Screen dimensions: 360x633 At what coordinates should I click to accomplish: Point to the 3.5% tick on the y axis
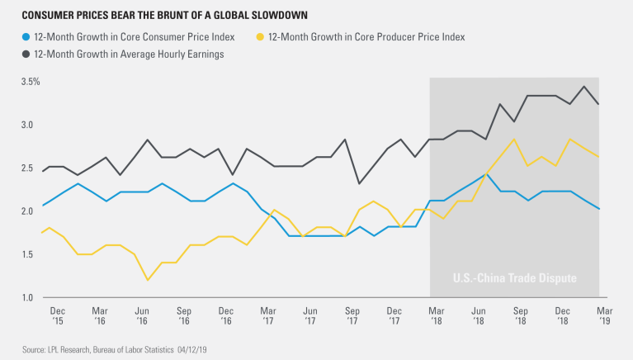[x=31, y=82]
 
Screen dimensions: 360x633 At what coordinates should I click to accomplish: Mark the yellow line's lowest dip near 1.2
[x=147, y=280]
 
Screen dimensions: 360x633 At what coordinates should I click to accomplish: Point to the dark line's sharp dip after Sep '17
[x=359, y=183]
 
